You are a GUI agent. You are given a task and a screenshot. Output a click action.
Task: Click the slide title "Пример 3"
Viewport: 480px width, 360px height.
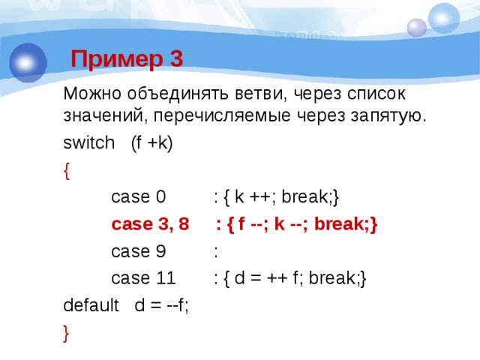pos(127,58)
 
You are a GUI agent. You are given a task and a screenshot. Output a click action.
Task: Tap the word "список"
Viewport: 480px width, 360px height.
pos(374,94)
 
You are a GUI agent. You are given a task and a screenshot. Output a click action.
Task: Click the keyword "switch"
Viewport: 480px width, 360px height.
pos(87,144)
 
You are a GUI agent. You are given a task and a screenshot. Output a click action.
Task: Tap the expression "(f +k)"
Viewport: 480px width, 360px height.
pos(151,144)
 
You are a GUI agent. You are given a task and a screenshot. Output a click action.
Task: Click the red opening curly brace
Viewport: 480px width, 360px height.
pos(67,171)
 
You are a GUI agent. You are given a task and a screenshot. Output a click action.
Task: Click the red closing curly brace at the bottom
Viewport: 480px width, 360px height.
pos(67,333)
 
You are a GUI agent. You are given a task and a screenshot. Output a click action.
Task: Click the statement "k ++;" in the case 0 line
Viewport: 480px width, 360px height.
pos(253,198)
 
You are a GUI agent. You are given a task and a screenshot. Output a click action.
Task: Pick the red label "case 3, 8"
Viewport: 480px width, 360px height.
pos(150,225)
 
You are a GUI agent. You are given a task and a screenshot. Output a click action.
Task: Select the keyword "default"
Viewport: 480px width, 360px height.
pos(91,306)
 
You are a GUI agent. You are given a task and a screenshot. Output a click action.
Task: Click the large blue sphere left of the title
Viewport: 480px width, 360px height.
pos(28,62)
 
